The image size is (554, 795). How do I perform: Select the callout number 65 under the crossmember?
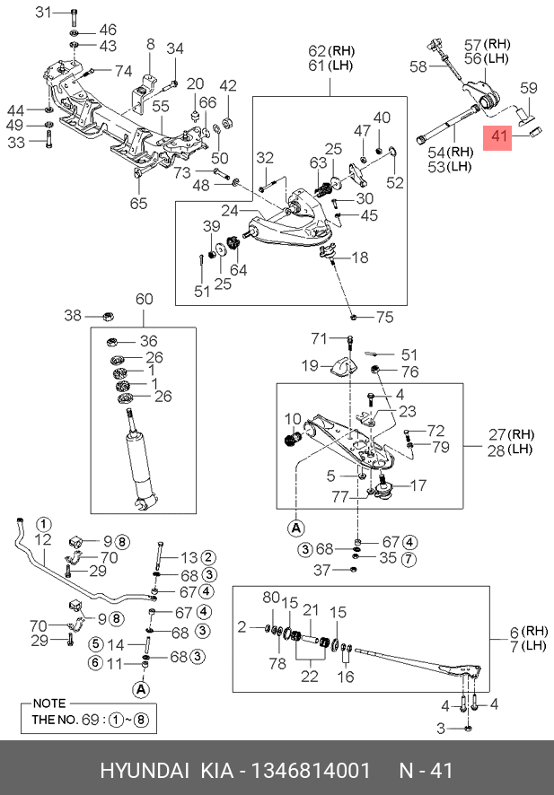[x=137, y=204]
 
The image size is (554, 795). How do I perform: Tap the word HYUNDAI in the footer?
[x=144, y=771]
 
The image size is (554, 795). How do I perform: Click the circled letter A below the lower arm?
[x=296, y=527]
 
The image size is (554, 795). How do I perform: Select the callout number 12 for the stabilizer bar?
[x=42, y=539]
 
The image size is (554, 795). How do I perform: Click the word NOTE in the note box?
[x=49, y=703]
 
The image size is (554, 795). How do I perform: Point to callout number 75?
[x=384, y=316]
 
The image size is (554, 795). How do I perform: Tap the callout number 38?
[x=72, y=316]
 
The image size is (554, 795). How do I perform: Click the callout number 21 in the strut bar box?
[x=311, y=610]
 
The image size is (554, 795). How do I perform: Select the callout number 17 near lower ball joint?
[x=418, y=486]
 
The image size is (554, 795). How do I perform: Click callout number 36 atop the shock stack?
[x=148, y=341]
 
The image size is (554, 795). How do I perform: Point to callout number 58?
[x=418, y=66]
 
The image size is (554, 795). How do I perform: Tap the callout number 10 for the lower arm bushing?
[x=293, y=419]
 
